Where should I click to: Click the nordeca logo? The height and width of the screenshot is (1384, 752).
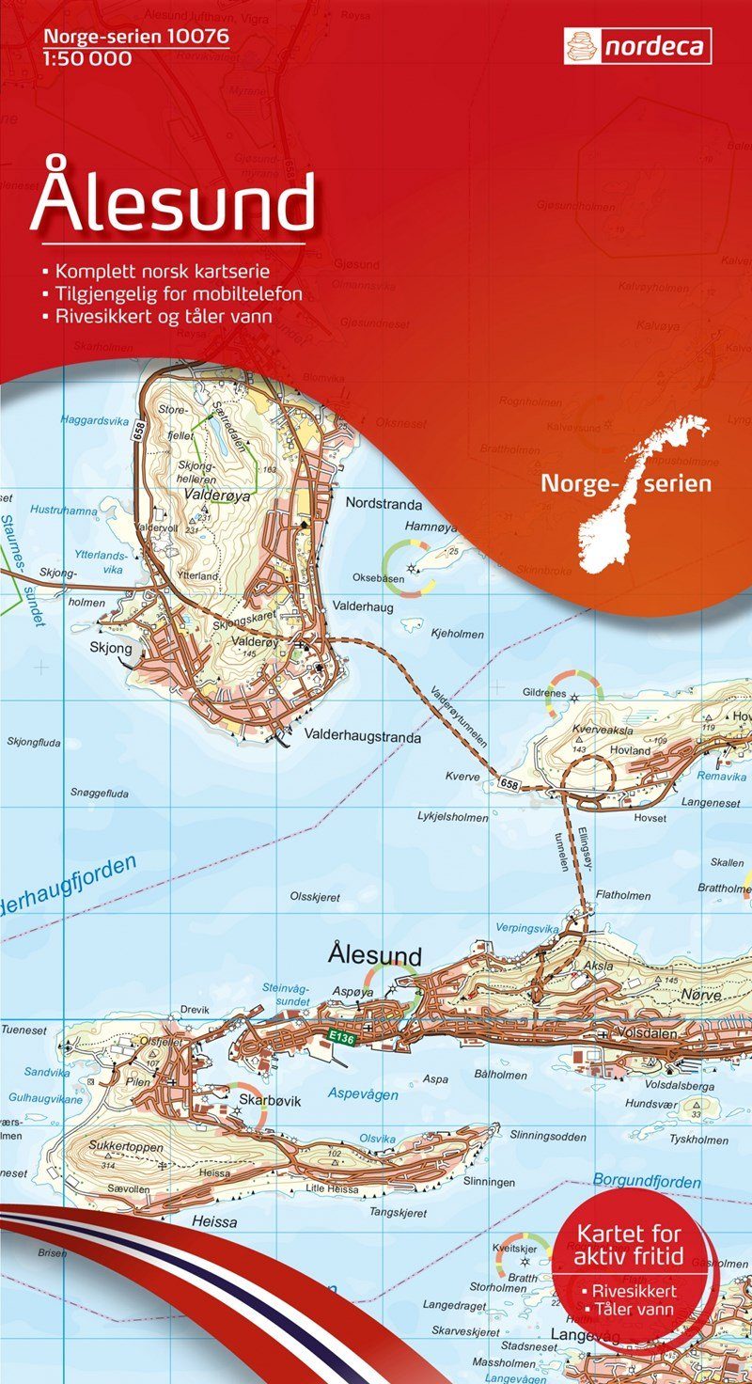(637, 46)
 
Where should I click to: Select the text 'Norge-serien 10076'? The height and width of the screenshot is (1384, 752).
(129, 39)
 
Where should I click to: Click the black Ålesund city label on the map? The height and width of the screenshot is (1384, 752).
(375, 955)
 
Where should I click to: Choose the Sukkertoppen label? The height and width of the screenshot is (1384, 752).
(127, 1147)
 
